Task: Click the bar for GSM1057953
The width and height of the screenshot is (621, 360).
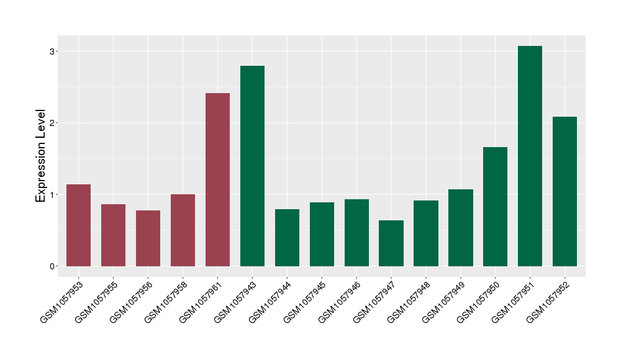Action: tap(79, 225)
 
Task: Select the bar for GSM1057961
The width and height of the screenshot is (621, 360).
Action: tap(217, 180)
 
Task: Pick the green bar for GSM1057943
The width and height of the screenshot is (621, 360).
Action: tap(252, 166)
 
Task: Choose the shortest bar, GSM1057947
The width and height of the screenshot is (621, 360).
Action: tap(391, 243)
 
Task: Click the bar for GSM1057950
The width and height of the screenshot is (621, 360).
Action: tap(495, 207)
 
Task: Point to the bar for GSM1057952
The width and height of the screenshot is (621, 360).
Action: tap(564, 192)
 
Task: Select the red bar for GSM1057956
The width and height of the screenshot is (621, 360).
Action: tap(148, 238)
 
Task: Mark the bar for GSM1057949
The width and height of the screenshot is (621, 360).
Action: tap(460, 228)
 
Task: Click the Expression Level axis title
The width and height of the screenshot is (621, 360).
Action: tap(41, 155)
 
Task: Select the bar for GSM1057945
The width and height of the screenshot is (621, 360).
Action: tap(322, 235)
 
